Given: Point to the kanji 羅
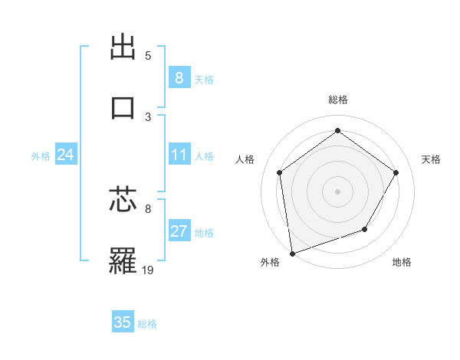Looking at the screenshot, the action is (x=123, y=260).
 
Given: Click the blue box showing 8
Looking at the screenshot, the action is (x=179, y=77).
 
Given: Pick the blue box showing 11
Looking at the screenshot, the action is (x=179, y=155).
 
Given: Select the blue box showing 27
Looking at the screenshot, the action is (x=179, y=231).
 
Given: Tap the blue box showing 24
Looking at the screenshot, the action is (x=65, y=155).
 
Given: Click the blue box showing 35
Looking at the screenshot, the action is (x=123, y=322).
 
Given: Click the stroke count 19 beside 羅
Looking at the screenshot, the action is (x=149, y=270).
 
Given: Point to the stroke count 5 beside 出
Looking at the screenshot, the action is (x=148, y=56).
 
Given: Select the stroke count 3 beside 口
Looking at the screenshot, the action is (x=148, y=116).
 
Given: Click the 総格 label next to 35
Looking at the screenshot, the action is (x=147, y=324).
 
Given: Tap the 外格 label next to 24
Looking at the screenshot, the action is (x=41, y=156).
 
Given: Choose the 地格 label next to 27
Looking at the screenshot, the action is (x=204, y=233).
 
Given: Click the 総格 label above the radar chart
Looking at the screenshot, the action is (x=337, y=100).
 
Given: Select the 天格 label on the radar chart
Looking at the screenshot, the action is (x=431, y=159).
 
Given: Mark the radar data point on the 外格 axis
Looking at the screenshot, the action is (x=292, y=253).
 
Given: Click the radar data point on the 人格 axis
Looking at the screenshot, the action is (x=280, y=172).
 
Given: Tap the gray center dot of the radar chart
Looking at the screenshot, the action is (x=337, y=191).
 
